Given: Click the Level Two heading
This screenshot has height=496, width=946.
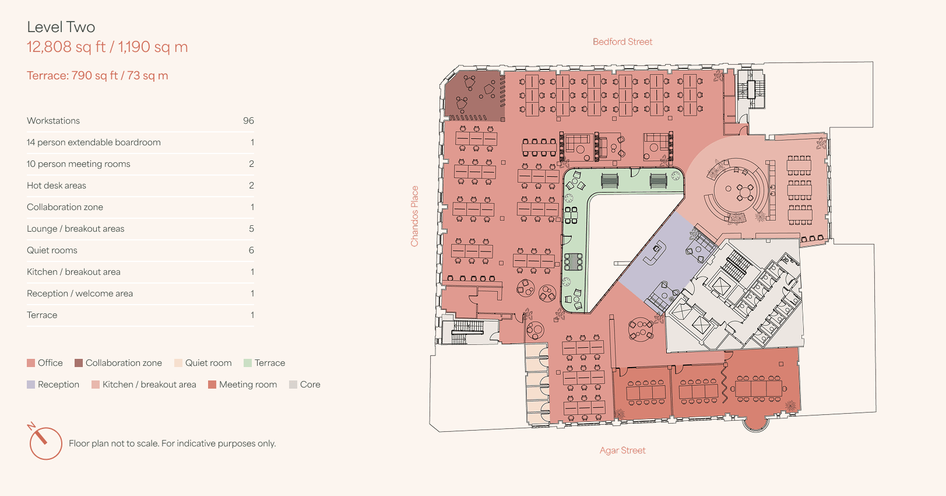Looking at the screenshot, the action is [61, 27].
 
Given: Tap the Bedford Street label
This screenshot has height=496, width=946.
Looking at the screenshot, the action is [623, 41].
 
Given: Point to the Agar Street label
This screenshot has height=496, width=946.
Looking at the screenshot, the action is [623, 450].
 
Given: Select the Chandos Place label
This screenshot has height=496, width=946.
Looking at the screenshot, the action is [414, 216].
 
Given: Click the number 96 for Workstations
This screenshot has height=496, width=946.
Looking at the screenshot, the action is [248, 121].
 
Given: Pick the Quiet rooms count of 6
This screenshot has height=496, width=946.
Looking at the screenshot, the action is [251, 250].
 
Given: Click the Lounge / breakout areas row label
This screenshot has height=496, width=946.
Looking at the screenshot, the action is [76, 229].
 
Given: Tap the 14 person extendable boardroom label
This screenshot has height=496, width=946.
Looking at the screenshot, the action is [94, 142].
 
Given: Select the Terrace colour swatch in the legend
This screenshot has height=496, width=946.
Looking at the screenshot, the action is [248, 363].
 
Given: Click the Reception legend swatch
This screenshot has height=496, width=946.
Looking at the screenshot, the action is [31, 385].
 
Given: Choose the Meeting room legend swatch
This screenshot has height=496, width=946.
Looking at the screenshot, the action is [212, 385].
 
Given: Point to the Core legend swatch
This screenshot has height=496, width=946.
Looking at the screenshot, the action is [293, 385].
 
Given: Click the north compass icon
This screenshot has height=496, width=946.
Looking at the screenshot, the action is [45, 442].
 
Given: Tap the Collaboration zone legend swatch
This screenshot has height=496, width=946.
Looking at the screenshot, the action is [79, 363].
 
